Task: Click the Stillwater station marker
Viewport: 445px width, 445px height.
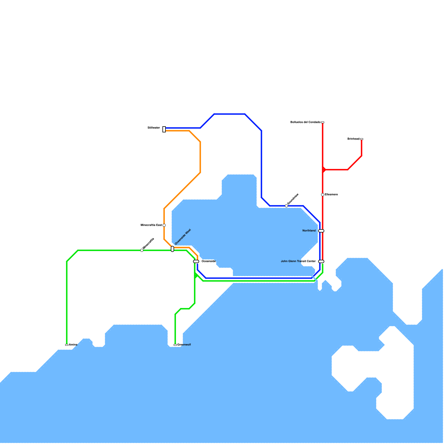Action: coord(164,129)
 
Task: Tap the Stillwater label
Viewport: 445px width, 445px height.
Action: coord(154,128)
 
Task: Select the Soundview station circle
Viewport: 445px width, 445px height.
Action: coord(286,206)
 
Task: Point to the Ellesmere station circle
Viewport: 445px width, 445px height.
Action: coord(323,195)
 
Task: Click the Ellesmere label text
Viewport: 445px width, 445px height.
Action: coord(331,194)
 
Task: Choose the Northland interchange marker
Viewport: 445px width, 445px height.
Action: coord(321,231)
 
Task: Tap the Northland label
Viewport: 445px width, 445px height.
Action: coord(309,231)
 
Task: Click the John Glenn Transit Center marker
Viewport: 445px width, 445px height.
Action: coord(321,261)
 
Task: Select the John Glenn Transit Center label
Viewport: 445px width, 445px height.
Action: coord(298,261)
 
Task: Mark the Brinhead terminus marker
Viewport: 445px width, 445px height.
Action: coord(362,139)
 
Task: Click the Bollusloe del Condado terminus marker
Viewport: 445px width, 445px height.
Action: coord(323,122)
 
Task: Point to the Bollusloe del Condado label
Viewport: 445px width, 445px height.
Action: coord(305,122)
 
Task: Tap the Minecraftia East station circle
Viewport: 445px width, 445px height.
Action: coord(164,225)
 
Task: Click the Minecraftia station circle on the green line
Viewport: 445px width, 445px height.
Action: coord(142,250)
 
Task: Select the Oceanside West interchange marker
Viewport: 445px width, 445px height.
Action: coord(172,249)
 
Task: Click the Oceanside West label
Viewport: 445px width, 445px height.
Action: coord(183,237)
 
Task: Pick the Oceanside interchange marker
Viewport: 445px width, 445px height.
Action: coord(196,261)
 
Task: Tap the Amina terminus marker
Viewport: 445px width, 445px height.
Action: coord(67,345)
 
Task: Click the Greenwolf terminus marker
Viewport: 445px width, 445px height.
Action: coord(175,345)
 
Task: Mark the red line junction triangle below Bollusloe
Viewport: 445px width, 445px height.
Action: coord(324,170)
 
